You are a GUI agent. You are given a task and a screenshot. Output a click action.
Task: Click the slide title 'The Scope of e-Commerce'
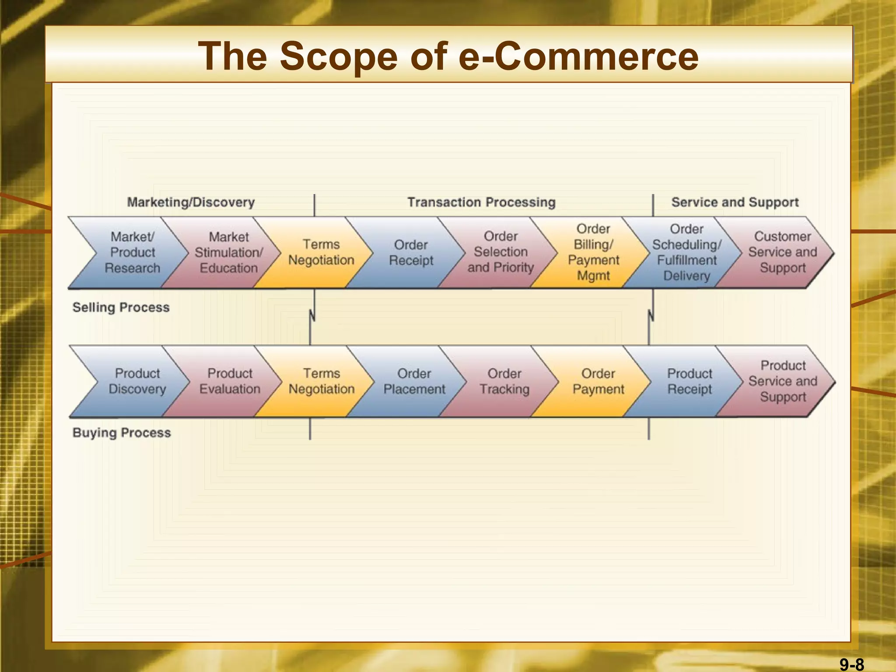[x=448, y=56]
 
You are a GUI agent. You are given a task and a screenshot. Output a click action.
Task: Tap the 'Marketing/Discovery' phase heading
[x=191, y=202]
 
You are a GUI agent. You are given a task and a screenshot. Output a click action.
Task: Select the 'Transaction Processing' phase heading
[x=481, y=202]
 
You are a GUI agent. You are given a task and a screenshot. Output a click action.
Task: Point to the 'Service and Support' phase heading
[x=735, y=202]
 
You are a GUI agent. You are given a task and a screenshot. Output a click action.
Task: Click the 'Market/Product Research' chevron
[x=132, y=252]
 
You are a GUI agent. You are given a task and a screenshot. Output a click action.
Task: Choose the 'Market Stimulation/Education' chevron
[x=228, y=252]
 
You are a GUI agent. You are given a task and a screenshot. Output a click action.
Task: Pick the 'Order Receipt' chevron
[x=411, y=252]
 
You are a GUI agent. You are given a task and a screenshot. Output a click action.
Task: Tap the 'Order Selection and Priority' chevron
[x=501, y=252]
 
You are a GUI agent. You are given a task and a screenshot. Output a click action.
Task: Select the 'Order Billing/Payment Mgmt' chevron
[x=593, y=252]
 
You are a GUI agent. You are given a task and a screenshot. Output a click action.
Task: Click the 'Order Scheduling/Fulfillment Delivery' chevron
[x=686, y=252]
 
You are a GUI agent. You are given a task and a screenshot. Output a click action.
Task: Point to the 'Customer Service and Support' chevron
[x=782, y=252]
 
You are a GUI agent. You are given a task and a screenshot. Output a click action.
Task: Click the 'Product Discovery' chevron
[x=137, y=381]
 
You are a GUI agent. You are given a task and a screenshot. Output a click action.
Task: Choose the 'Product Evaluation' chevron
[x=230, y=381]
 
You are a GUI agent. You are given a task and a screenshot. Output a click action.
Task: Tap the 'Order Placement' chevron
[x=414, y=381]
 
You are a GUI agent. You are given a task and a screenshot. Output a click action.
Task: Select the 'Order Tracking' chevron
[x=504, y=381]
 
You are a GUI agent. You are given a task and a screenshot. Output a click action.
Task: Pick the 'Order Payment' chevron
[x=598, y=381]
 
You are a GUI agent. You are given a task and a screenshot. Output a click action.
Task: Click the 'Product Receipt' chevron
[x=689, y=381]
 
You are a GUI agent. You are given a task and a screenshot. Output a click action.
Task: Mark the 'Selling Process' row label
[x=121, y=308]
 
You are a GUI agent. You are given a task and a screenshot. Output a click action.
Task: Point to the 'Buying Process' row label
[x=122, y=433]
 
